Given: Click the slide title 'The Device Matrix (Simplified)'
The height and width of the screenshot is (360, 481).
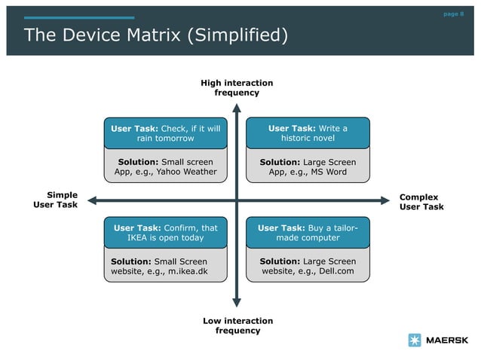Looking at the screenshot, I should (155, 35).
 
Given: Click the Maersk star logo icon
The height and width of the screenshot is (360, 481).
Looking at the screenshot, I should (415, 340).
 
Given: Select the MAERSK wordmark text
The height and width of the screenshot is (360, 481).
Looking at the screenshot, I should (448, 340).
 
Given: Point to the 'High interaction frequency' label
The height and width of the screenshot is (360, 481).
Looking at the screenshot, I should (237, 88).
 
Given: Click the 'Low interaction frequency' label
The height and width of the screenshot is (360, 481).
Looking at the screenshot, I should (237, 325).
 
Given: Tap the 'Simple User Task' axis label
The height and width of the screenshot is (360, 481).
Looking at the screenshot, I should (57, 200).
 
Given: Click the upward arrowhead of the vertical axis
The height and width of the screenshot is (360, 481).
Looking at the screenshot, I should (237, 108).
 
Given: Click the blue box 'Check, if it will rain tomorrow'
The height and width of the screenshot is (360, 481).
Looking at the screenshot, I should (165, 133).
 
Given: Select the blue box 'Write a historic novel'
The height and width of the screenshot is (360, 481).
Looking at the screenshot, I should (308, 133).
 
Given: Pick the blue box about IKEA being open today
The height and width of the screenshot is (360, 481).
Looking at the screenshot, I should (165, 233).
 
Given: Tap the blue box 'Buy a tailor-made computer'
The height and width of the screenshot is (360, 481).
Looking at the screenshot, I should (308, 233).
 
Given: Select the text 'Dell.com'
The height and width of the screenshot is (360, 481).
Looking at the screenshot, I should (335, 271).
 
